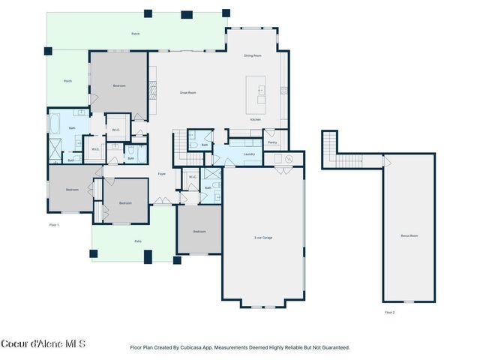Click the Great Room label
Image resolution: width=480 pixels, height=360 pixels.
coord(187,92)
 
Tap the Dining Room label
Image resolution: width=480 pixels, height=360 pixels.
coord(253,55)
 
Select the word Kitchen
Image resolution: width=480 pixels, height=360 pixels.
coord(255,120)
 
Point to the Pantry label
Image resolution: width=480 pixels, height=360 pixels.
coord(272,142)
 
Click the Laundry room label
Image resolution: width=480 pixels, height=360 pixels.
coord(250,154)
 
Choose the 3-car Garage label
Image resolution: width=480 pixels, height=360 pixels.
coord(262,238)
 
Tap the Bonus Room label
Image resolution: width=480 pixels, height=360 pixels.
coord(409,236)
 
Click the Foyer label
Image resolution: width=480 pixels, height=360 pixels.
coord(161,174)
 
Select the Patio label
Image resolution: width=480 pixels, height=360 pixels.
coord(138,241)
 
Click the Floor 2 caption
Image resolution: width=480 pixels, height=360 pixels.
coord(389,312)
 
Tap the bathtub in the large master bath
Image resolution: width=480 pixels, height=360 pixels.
coord(55,122)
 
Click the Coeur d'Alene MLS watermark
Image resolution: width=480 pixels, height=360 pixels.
coord(43,344)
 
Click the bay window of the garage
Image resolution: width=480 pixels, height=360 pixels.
coord(262,303)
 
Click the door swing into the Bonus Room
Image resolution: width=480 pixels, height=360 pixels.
coord(386,161)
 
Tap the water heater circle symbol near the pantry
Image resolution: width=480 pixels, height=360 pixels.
coord(287,158)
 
